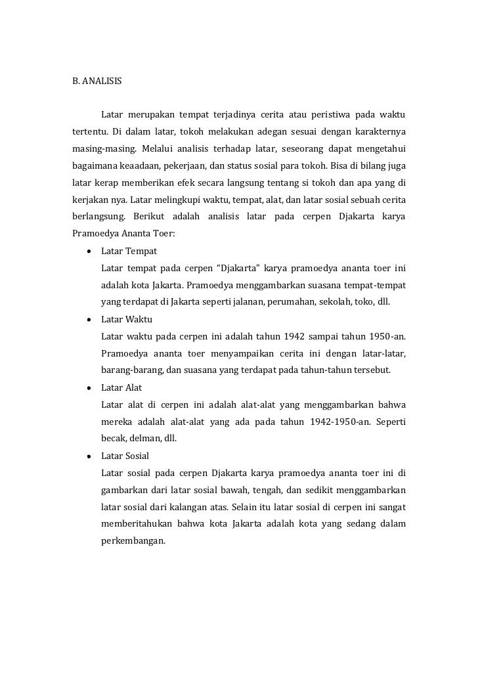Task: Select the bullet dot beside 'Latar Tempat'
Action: [87, 251]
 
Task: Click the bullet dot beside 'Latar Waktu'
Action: [87, 319]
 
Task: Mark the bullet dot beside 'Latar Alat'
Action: [87, 387]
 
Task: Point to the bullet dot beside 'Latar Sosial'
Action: [87, 456]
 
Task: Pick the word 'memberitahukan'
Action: [137, 525]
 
